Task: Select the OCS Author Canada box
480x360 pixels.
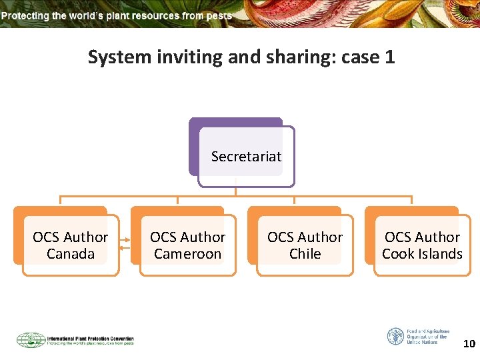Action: click(x=70, y=245)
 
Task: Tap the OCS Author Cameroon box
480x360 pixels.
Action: click(x=187, y=245)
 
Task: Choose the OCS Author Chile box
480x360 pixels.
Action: click(x=305, y=245)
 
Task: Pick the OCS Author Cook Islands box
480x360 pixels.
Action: click(x=422, y=245)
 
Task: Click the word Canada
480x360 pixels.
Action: click(x=71, y=254)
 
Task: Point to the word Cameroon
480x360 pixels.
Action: click(x=187, y=254)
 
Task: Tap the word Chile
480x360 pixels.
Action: click(x=305, y=254)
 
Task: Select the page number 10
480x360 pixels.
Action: click(x=469, y=344)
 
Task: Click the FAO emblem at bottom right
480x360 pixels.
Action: click(x=395, y=336)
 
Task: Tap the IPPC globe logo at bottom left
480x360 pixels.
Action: click(x=31, y=340)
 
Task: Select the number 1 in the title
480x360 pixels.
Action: click(x=390, y=57)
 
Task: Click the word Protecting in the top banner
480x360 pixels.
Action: click(x=26, y=15)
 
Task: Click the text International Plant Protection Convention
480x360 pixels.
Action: click(x=90, y=338)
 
